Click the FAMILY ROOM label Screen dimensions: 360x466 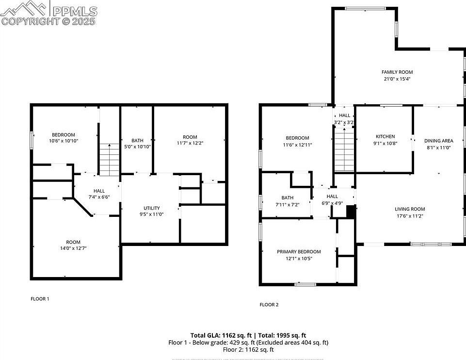click(397, 72)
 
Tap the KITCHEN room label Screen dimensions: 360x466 click(385, 136)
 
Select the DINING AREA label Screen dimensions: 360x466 click(438, 141)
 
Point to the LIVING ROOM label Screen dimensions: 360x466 click(409, 209)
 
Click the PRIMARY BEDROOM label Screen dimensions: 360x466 click(299, 251)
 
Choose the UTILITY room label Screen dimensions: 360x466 click(151, 208)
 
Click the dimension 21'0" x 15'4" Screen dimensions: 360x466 click(397, 79)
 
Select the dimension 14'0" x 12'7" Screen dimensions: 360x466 click(73, 248)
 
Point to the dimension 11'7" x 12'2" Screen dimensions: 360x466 click(190, 143)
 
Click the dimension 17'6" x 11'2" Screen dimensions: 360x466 click(409, 216)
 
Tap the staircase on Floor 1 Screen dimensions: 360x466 click(109, 160)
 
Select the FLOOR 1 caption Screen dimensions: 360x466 click(40, 299)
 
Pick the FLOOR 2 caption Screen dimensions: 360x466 click(269, 305)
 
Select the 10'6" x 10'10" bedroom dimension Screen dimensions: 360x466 click(64, 141)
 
